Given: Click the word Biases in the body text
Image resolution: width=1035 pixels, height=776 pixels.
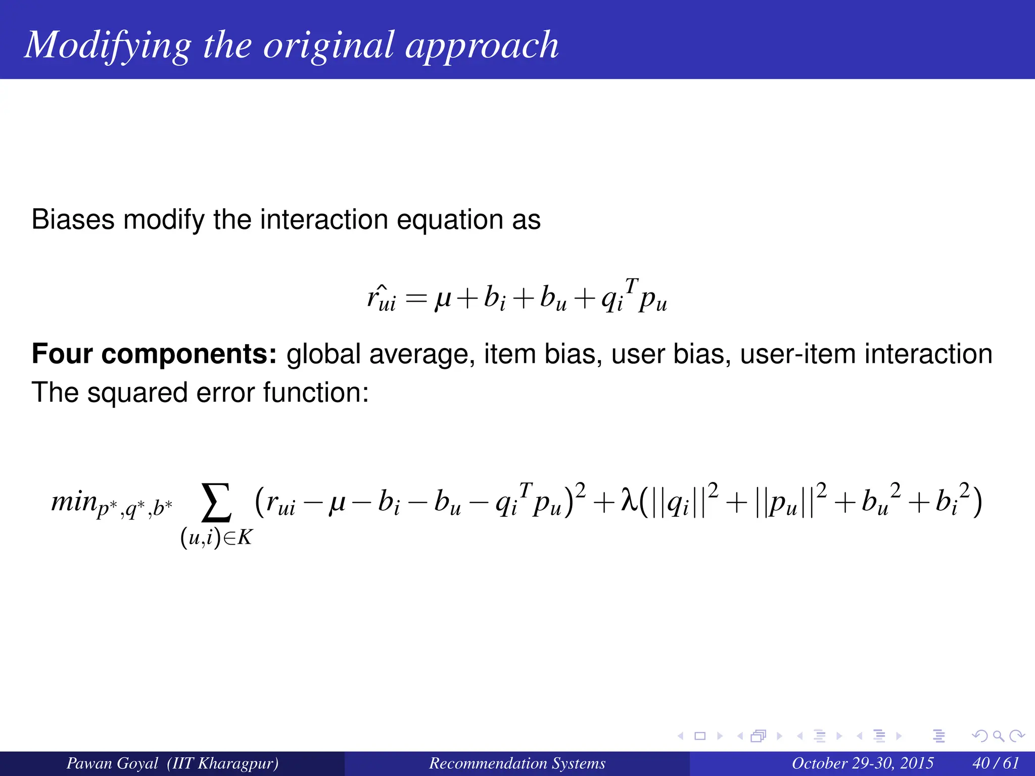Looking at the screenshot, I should (x=73, y=220).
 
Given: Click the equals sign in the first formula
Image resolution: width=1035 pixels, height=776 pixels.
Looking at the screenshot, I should (x=416, y=299).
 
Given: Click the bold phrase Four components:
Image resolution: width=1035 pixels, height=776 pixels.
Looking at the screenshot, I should (x=154, y=354).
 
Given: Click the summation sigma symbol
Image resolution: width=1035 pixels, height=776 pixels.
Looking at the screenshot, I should (x=217, y=502).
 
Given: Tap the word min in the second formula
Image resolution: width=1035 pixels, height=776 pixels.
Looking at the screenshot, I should (x=74, y=501).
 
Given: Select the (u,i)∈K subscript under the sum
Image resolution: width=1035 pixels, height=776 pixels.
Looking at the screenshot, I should (x=216, y=538).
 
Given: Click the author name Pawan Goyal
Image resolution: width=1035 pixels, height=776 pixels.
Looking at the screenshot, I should (x=112, y=763).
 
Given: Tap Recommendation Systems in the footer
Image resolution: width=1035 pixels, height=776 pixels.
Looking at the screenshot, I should (x=517, y=763).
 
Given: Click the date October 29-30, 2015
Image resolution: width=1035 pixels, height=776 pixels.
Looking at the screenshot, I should (x=862, y=763).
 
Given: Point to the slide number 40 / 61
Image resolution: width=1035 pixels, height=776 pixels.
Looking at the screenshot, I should (x=995, y=763).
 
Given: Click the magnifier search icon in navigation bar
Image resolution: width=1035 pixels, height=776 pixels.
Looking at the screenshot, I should (x=998, y=736).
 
